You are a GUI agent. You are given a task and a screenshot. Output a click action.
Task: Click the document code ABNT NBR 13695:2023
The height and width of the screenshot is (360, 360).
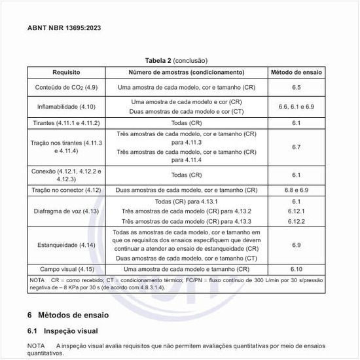click(63, 28)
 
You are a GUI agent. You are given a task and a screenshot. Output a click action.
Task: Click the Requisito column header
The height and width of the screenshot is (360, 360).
click(65, 72)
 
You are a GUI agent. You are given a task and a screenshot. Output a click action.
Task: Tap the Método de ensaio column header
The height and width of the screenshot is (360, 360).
click(296, 72)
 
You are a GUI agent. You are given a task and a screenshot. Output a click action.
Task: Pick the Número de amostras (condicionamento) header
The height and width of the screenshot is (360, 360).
click(186, 72)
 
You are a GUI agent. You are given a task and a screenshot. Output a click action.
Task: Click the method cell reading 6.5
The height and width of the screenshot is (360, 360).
click(296, 87)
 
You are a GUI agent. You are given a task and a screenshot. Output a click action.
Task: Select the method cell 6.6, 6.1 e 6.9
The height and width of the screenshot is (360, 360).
click(296, 106)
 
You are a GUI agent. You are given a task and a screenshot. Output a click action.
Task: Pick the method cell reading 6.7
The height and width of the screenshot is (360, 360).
click(296, 147)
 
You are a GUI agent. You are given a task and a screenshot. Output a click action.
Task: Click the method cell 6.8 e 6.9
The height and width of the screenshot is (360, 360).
click(296, 190)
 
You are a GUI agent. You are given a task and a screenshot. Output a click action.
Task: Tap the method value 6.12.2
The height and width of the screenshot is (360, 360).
click(296, 221)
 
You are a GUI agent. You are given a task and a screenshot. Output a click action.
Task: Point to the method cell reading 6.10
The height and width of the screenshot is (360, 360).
click(296, 269)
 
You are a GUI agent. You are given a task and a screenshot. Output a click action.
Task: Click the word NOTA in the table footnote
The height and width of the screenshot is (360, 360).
click(37, 280)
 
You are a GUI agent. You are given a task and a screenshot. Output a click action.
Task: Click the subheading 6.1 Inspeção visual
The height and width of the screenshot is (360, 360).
click(66, 331)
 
